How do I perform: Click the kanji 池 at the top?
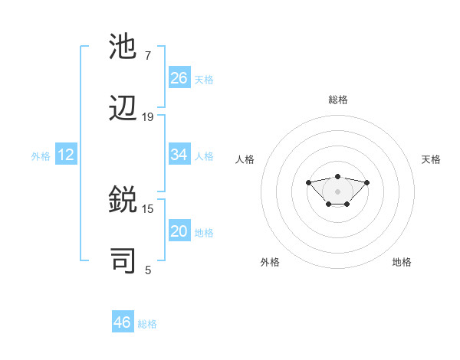coord(124,47)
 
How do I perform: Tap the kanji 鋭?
coord(124,201)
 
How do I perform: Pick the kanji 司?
coord(124,261)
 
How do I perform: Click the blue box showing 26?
coord(179,77)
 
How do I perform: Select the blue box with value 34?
coord(179,155)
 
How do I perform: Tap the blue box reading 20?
coord(179,231)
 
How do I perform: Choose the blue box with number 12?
coord(66,155)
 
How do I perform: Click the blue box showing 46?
coord(123,322)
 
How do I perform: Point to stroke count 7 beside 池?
coord(148,56)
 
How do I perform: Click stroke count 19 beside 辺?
coord(148,117)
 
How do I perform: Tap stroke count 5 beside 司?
coord(148,270)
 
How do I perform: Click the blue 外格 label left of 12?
coord(41,155)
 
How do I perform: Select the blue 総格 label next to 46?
coord(147,324)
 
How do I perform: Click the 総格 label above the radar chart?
coord(337,100)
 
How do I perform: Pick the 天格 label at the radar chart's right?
coord(431,159)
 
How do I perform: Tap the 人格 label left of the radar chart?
coord(245,159)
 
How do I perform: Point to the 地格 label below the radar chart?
coord(402,262)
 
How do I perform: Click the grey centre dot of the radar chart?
coord(337,191)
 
